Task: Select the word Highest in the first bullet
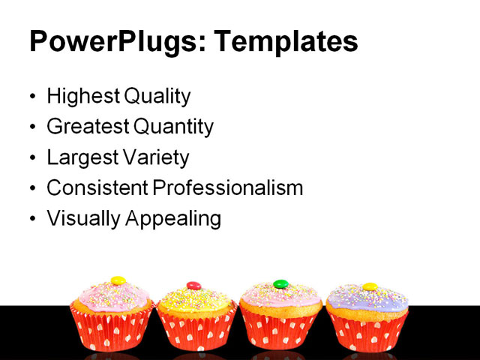click(82, 97)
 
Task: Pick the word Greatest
click(85, 127)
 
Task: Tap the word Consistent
click(97, 188)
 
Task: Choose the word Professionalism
click(228, 188)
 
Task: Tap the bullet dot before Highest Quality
click(31, 97)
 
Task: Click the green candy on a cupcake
click(280, 284)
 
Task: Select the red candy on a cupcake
click(193, 285)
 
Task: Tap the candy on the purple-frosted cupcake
click(369, 286)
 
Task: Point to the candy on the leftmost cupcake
click(118, 280)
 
